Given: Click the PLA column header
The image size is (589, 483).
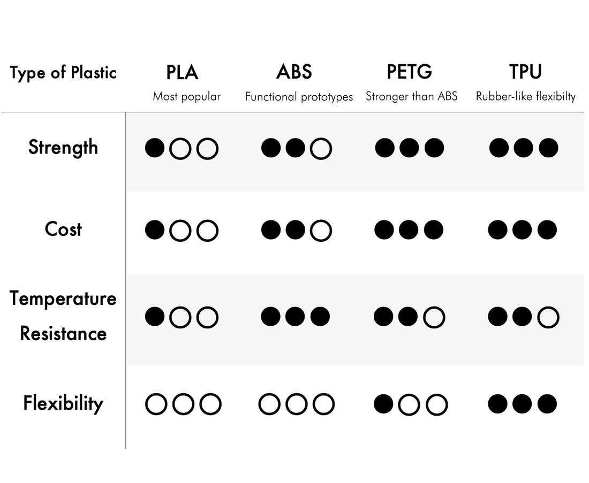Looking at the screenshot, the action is [x=182, y=72].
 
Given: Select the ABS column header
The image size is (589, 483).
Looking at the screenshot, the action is [x=294, y=71].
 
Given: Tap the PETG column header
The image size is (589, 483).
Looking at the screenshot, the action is [x=410, y=71].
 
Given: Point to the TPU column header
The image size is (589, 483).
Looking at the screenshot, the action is [x=525, y=71].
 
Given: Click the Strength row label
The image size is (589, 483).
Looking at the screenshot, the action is [x=63, y=148].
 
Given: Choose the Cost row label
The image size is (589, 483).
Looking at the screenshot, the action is [x=63, y=229].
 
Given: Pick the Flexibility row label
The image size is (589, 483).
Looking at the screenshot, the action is [x=63, y=403].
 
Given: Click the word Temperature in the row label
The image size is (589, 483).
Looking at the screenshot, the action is [x=63, y=299].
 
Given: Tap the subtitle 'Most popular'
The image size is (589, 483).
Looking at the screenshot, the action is [x=187, y=97].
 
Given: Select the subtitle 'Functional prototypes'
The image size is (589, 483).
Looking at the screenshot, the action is [x=299, y=97].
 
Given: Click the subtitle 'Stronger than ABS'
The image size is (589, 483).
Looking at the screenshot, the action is [x=412, y=96].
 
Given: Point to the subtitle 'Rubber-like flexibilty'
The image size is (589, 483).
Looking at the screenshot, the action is [x=525, y=96].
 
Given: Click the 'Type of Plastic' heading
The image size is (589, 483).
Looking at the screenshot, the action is [x=63, y=72].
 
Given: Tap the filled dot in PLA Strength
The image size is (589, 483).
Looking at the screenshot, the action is [x=155, y=148].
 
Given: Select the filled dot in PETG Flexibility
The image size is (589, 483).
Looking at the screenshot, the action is [x=383, y=404].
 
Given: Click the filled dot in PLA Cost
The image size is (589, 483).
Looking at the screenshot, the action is [x=155, y=229].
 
